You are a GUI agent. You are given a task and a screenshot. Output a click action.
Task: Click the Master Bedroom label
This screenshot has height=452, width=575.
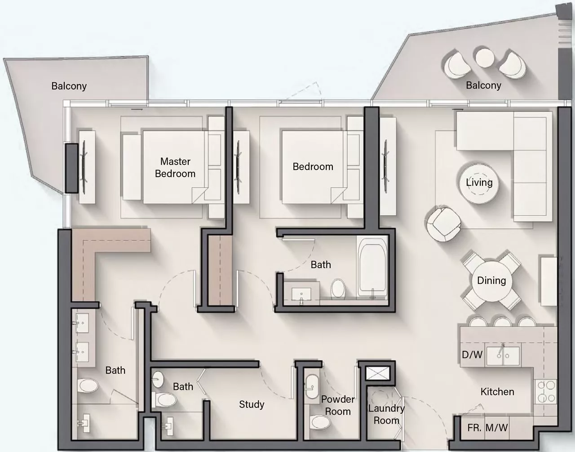point(175,167)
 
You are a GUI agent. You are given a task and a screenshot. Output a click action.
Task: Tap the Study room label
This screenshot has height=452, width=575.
point(252,404)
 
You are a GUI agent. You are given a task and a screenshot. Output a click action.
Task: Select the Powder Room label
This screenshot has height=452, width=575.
point(338,405)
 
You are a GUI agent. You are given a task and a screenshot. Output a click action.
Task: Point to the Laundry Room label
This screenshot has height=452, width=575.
point(386,414)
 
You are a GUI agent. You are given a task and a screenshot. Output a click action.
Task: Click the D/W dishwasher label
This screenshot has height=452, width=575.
point(472,354)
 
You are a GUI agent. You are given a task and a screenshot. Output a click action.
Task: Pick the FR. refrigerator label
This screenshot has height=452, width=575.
point(474,428)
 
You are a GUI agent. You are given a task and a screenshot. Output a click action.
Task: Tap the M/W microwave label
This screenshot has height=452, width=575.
point(497,428)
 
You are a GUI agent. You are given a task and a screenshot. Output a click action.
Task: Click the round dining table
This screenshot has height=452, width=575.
point(491,281)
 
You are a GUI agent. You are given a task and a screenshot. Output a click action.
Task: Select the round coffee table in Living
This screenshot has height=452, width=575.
point(479,183)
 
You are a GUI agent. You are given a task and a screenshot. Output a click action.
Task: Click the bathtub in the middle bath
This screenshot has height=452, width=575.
point(372,268)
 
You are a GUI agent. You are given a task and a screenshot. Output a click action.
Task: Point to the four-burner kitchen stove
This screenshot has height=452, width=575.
point(545,391)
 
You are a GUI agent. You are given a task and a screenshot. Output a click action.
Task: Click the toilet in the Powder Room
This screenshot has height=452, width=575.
point(321,422)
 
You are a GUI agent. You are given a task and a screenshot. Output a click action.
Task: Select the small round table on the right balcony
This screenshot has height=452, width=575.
point(485,58)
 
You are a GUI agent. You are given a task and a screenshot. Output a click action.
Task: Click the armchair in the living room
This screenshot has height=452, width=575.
point(443,224)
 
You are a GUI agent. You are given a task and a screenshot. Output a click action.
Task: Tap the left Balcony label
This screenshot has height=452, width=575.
point(69,86)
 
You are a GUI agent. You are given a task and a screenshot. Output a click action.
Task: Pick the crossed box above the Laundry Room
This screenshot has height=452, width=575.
point(378,374)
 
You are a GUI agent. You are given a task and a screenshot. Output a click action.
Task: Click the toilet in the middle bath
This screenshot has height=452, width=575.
point(338,288)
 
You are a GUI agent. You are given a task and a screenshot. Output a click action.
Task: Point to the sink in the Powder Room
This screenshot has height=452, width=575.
point(312,387)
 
